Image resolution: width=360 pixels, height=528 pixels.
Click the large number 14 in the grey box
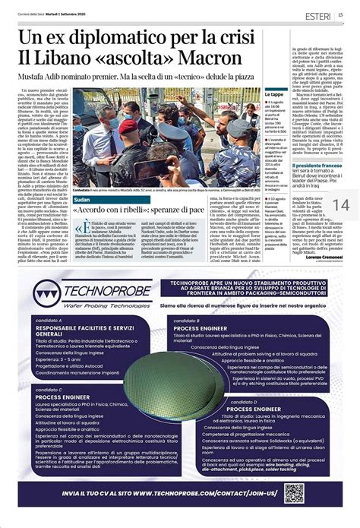pos(340,205)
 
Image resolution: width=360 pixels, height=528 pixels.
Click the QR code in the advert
pos(294,492)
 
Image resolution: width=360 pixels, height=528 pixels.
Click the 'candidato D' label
pos(243,400)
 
